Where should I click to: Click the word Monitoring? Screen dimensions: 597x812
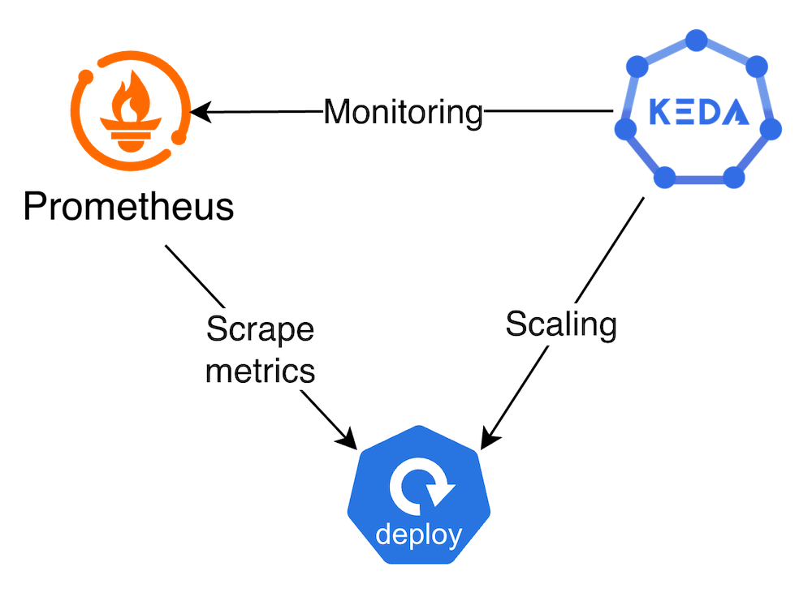click(x=403, y=112)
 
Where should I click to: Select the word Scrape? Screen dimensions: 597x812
click(x=260, y=329)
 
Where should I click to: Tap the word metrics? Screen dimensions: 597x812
click(x=260, y=370)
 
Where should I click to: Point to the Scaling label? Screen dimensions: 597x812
click(x=561, y=324)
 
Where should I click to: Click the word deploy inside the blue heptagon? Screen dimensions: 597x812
click(x=418, y=535)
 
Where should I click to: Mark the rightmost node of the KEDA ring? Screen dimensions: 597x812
click(x=772, y=129)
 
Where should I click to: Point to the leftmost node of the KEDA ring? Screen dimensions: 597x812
click(x=623, y=129)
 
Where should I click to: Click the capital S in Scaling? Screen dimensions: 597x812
click(x=517, y=324)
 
